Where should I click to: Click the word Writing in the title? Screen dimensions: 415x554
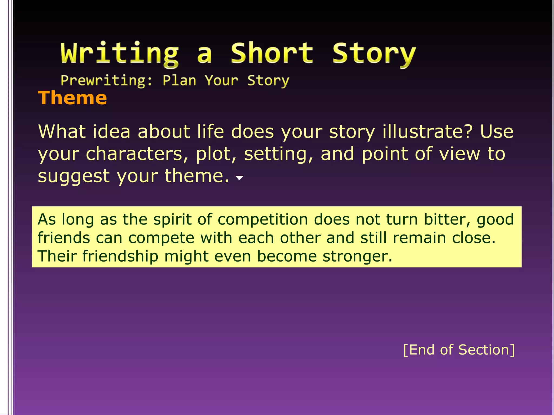pos(119,53)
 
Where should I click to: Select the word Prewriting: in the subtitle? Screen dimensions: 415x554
pos(107,81)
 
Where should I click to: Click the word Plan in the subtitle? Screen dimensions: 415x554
pos(179,81)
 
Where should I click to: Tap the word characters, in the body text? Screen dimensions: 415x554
pos(137,154)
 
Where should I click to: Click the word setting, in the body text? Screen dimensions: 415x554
pos(278,154)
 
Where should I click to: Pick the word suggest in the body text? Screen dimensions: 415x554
pos(74,176)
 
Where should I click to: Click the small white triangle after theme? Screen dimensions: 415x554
pos(239,178)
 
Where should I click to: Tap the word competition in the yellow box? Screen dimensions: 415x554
pos(263,219)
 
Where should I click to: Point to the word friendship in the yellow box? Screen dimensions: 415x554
pos(120,256)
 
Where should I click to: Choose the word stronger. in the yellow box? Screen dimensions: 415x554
pos(357,256)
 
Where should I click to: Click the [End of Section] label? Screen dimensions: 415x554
pos(459,350)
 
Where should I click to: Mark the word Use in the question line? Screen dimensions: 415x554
pos(497,132)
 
